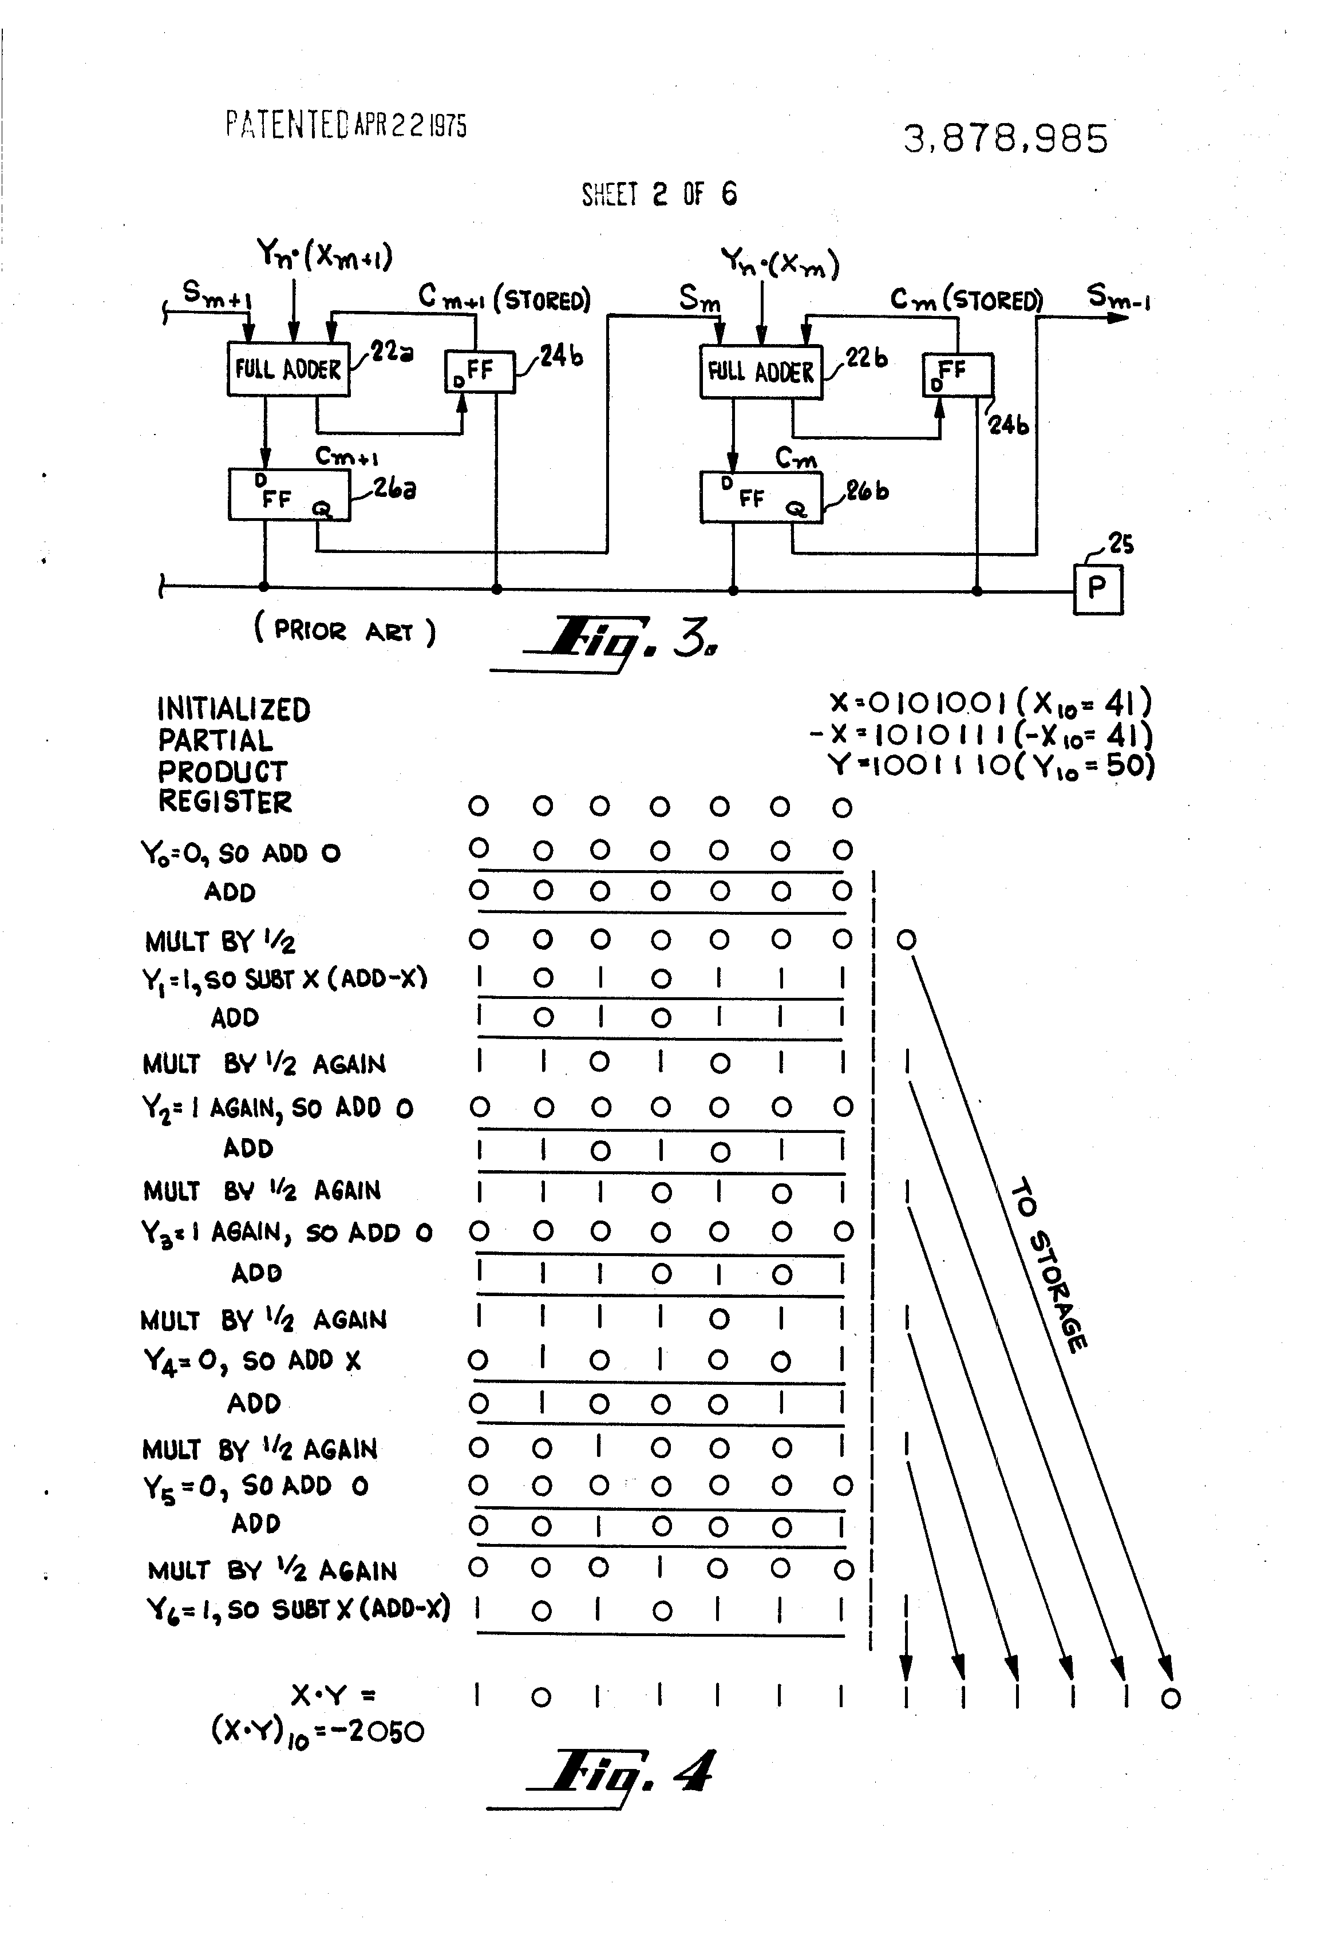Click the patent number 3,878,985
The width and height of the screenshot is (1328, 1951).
point(1005,139)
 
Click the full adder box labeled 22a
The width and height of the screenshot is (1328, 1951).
point(288,369)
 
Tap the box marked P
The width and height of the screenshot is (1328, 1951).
point(1098,589)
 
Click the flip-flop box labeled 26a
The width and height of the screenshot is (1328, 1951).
point(288,495)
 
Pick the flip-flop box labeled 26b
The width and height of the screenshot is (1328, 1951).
point(761,497)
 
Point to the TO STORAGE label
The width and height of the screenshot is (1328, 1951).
point(1049,1267)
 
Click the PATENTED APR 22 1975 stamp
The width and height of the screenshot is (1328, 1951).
point(346,125)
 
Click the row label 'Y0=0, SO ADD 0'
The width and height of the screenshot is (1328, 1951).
point(240,854)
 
